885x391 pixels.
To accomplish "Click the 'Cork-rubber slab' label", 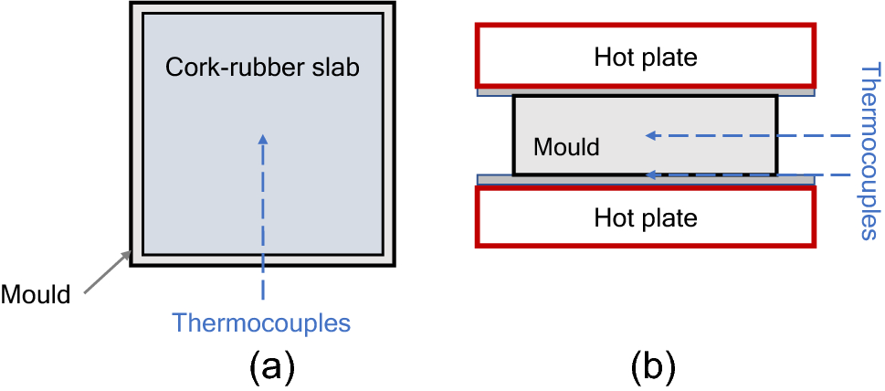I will [x=262, y=68].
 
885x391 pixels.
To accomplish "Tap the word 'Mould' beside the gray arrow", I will [x=36, y=294].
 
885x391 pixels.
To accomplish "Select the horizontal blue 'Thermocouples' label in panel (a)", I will [x=262, y=322].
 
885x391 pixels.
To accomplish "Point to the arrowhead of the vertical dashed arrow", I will [x=263, y=140].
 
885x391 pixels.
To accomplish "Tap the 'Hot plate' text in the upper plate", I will [x=645, y=58].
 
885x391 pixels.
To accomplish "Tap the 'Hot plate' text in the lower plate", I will [x=645, y=218].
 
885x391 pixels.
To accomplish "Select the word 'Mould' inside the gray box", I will [x=566, y=146].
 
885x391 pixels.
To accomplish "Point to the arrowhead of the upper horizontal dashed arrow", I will [x=651, y=135].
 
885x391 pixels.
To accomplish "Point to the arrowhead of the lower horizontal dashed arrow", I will [x=651, y=174].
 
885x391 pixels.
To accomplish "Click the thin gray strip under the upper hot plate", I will [x=493, y=92].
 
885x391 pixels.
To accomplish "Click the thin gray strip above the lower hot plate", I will [x=493, y=180].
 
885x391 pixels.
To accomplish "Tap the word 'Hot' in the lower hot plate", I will [x=613, y=218].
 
